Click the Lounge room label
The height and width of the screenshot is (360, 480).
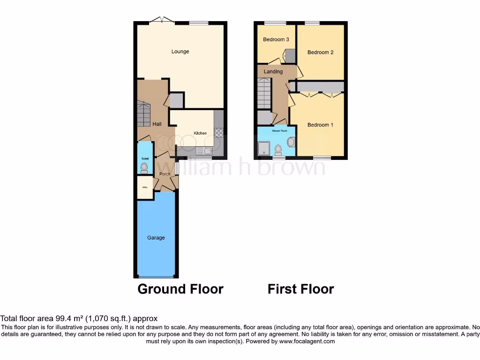click(180, 52)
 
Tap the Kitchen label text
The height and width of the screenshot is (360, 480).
click(200, 133)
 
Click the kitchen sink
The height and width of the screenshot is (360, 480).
click(203, 151)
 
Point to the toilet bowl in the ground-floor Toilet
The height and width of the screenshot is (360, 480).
click(144, 167)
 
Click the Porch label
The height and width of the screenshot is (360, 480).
click(165, 174)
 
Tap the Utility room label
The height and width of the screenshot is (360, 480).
click(144, 188)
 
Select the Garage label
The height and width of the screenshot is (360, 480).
click(156, 238)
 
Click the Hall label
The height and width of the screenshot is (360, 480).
click(157, 124)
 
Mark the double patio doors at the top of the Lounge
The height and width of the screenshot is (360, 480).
click(162, 20)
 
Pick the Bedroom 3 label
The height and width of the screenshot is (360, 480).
click(276, 40)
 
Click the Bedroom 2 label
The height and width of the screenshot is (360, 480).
click(320, 52)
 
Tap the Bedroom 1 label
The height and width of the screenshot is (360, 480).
click(320, 125)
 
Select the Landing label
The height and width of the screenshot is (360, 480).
click(273, 72)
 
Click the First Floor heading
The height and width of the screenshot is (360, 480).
click(300, 289)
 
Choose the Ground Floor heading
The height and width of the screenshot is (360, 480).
click(180, 289)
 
